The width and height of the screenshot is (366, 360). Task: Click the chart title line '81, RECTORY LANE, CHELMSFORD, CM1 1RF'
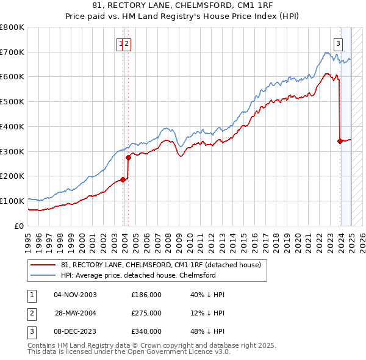coord(183,6)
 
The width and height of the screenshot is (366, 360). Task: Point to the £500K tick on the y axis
coord(12,101)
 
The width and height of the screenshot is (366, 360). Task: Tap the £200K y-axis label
coord(12,176)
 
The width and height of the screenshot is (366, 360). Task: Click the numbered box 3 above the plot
coord(338,43)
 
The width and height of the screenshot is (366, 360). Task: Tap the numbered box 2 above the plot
coord(127,43)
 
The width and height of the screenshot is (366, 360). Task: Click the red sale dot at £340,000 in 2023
coord(340,141)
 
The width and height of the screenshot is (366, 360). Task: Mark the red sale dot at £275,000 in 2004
coord(129,157)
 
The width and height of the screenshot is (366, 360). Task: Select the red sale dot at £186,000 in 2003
coord(123,179)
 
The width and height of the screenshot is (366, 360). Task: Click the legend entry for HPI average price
coord(138,275)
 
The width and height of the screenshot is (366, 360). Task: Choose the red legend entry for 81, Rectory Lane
coord(160,265)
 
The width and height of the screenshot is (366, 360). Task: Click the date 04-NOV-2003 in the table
coord(76,295)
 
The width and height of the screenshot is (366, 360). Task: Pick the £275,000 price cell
coord(146,313)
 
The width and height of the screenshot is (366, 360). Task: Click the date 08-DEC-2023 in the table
coord(76,331)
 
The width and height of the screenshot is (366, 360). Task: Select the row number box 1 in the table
coord(30,295)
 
